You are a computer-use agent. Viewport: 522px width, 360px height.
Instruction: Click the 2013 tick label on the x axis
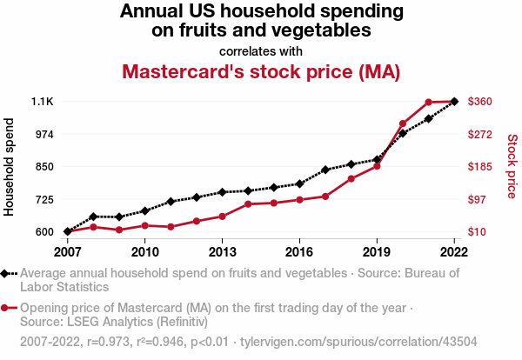[222, 252]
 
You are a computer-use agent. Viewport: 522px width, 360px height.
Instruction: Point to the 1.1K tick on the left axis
[43, 102]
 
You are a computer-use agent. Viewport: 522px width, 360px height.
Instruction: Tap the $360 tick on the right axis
[481, 102]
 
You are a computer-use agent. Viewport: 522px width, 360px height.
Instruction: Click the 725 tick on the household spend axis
[43, 199]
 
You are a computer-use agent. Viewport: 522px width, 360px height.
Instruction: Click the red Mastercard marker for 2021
[429, 103]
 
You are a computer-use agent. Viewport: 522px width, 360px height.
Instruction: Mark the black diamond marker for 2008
[93, 217]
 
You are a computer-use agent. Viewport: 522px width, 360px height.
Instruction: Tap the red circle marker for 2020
[403, 124]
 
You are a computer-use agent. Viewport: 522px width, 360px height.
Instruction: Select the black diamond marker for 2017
[325, 170]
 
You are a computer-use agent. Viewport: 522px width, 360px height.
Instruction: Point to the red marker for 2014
[248, 204]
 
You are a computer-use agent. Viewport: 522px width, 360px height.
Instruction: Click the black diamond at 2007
[67, 231]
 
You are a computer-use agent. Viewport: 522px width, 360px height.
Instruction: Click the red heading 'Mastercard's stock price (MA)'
[261, 71]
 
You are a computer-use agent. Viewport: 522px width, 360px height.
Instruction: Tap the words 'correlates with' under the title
[261, 51]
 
